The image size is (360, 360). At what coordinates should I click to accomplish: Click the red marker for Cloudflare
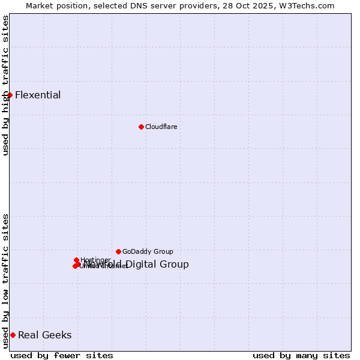141,127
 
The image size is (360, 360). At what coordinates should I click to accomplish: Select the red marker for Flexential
10,95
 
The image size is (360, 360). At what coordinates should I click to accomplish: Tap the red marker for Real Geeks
13,335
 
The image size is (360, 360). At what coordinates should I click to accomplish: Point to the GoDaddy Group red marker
118,251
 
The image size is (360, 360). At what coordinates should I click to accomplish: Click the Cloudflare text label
161,127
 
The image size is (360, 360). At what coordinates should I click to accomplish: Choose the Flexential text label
38,95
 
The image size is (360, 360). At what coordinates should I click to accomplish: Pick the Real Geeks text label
44,335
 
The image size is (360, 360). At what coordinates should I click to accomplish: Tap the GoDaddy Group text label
148,251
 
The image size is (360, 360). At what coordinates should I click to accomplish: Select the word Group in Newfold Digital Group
175,265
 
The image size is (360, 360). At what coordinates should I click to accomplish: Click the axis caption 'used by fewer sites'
53,355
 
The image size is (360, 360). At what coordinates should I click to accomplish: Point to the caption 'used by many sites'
301,355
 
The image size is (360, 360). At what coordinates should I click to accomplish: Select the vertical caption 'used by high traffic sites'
6,85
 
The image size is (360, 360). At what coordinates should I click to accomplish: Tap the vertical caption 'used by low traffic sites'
6,281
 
